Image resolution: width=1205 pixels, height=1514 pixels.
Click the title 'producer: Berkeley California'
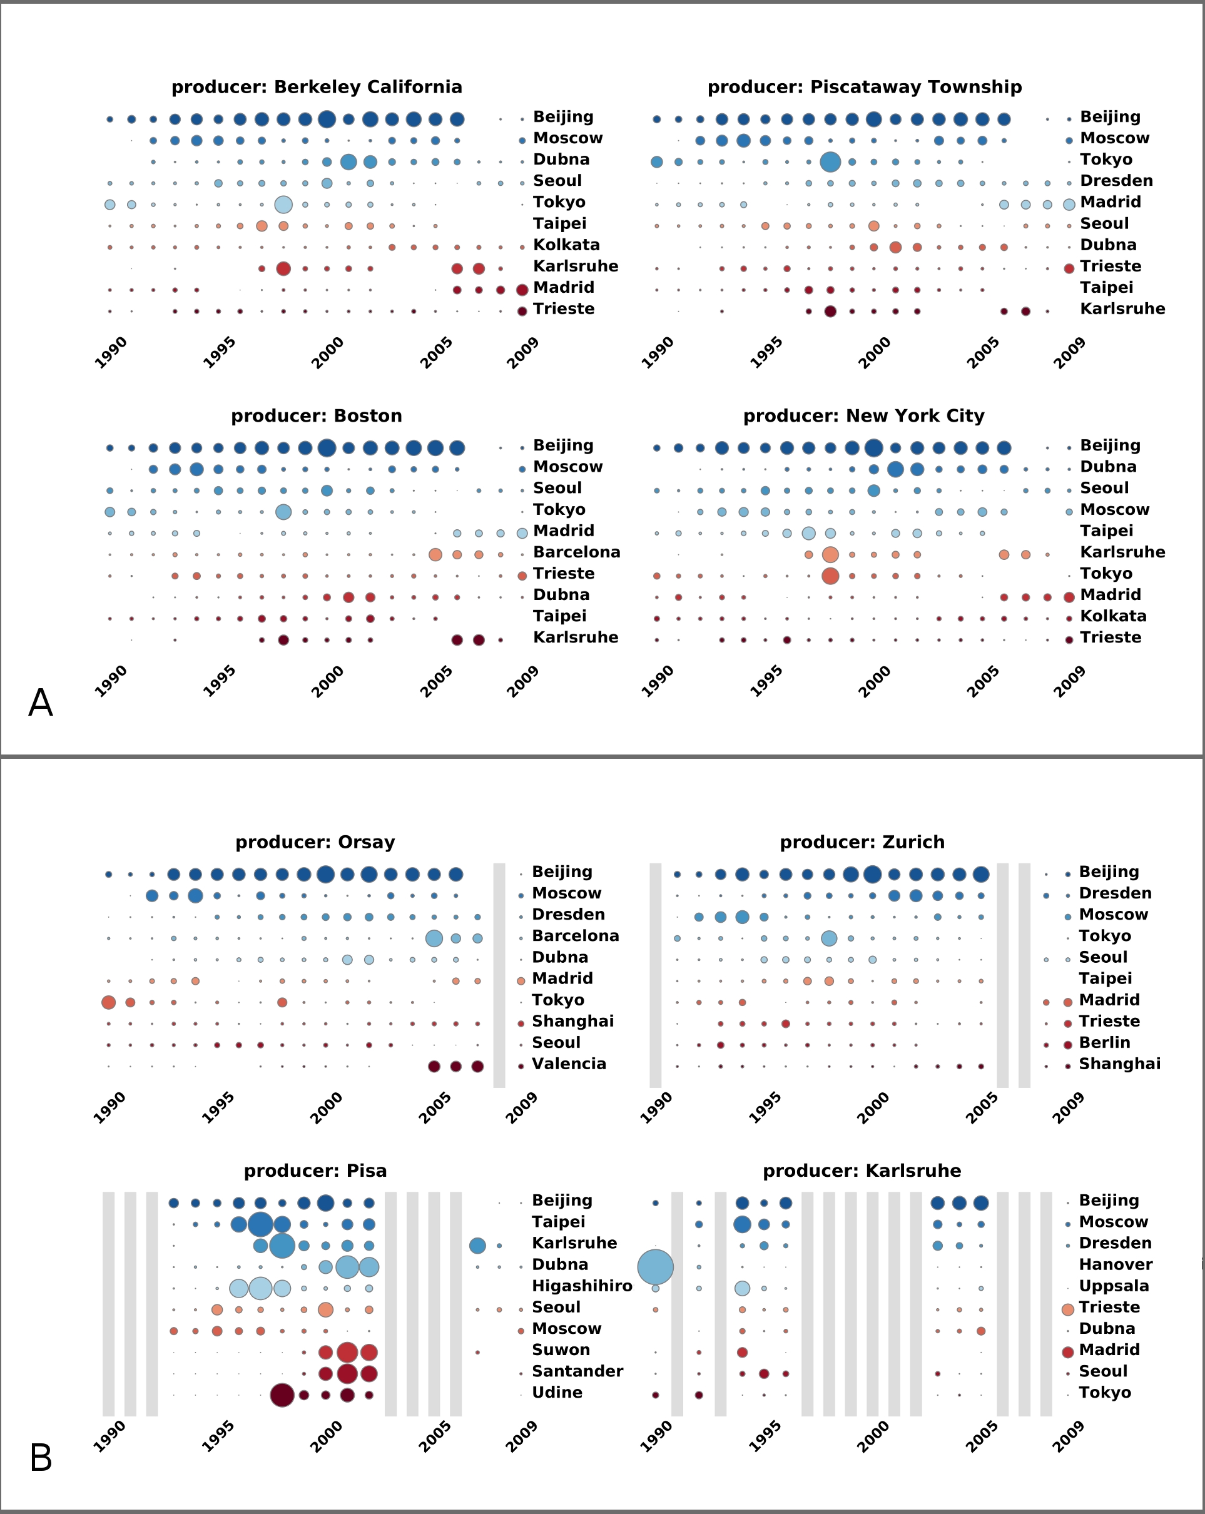[x=317, y=87]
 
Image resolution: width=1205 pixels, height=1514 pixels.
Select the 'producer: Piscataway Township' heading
[x=865, y=87]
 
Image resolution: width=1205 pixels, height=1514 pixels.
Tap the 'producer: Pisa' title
[x=315, y=1171]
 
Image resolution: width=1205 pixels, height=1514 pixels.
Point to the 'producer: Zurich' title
[x=862, y=842]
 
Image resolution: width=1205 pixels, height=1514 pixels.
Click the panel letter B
[x=41, y=1458]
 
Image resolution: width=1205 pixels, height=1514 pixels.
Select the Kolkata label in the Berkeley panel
[x=566, y=245]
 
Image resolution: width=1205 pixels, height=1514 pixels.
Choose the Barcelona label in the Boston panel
[x=576, y=552]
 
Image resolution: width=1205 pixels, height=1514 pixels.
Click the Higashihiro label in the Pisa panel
[x=581, y=1286]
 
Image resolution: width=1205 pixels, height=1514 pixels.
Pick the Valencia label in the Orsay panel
[x=569, y=1064]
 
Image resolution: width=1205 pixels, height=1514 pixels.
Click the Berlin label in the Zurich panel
[x=1105, y=1043]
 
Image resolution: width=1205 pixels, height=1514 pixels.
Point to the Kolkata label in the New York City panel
[x=1113, y=616]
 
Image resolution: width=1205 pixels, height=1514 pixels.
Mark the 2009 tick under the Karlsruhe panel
[x=1068, y=1436]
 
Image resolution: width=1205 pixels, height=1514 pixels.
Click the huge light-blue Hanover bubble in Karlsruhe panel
[x=655, y=1267]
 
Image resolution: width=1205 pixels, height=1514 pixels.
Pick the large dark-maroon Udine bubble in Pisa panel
[x=282, y=1395]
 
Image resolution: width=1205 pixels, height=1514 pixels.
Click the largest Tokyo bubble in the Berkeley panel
[x=283, y=205]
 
